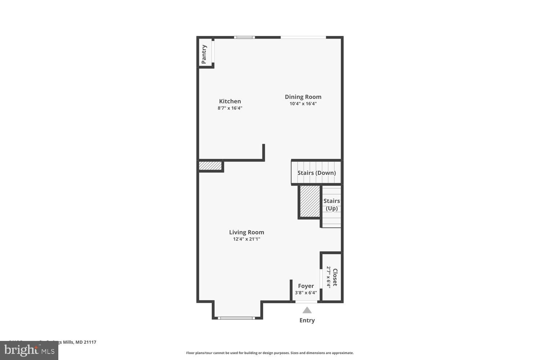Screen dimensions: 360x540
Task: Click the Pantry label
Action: click(x=204, y=54)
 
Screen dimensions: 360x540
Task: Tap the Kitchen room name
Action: click(x=230, y=101)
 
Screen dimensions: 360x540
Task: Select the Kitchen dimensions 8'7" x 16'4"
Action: click(x=230, y=108)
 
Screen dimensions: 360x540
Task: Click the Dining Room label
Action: click(x=303, y=97)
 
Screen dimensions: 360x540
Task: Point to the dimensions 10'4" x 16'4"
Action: click(x=303, y=104)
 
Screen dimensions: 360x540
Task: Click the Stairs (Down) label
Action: click(x=316, y=173)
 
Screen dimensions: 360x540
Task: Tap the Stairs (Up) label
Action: click(x=332, y=204)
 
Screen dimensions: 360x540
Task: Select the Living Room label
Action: click(x=247, y=232)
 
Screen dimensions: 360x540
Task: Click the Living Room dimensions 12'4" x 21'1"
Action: click(x=247, y=239)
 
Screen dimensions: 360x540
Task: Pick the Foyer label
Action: click(x=306, y=286)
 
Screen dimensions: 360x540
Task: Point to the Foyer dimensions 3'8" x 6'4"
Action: click(x=306, y=293)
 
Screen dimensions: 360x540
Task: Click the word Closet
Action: click(x=335, y=277)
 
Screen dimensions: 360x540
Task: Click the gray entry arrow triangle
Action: click(x=307, y=310)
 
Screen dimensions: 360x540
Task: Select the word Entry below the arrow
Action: click(x=307, y=320)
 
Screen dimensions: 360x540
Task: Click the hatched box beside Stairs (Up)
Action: click(x=310, y=202)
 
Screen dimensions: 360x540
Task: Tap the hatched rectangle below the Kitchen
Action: click(x=210, y=166)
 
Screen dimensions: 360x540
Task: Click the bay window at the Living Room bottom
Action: click(x=236, y=318)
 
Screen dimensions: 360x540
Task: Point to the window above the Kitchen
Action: click(x=244, y=37)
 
